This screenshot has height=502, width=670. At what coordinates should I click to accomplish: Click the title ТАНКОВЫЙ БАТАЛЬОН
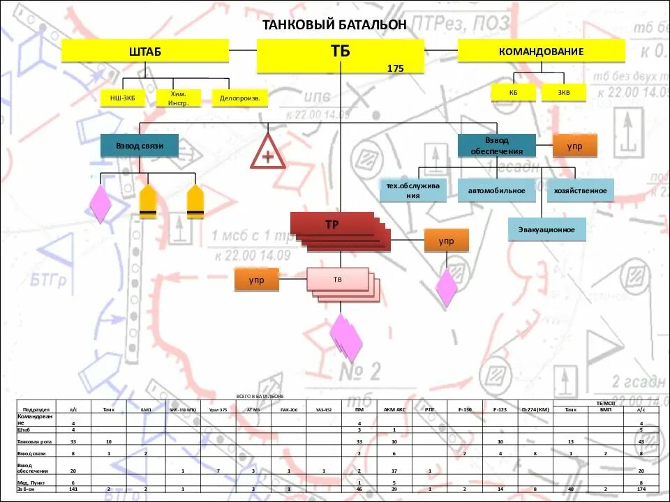coord(334,24)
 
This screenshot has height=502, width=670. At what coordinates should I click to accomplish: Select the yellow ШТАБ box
coord(144,51)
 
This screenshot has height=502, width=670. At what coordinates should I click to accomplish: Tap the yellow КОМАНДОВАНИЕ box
coord(541,51)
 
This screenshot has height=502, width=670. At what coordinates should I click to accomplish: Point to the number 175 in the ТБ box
coord(395,68)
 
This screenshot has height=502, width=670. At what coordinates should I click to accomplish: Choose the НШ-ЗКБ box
coord(123,98)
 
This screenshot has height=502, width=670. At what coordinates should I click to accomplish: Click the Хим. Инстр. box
coord(178,98)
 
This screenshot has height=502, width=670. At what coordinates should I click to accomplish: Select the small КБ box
coord(513,92)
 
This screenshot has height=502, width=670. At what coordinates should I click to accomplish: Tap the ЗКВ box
coord(563,92)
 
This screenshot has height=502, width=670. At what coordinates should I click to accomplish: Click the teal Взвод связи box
coord(140,145)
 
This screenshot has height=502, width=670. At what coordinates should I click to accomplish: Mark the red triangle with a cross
coord(268,153)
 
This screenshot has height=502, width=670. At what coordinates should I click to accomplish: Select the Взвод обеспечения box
coord(496,145)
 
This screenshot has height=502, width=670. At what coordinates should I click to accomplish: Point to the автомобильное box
coord(496,190)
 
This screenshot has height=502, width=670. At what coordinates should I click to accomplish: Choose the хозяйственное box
coord(580,190)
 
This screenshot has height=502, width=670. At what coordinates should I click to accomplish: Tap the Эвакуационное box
coord(546,229)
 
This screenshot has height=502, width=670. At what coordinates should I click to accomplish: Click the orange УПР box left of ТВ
coord(256,280)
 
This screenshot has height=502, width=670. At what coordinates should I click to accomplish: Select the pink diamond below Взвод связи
coord(100,204)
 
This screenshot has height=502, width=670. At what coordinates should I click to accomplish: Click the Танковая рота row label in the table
coord(33,442)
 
